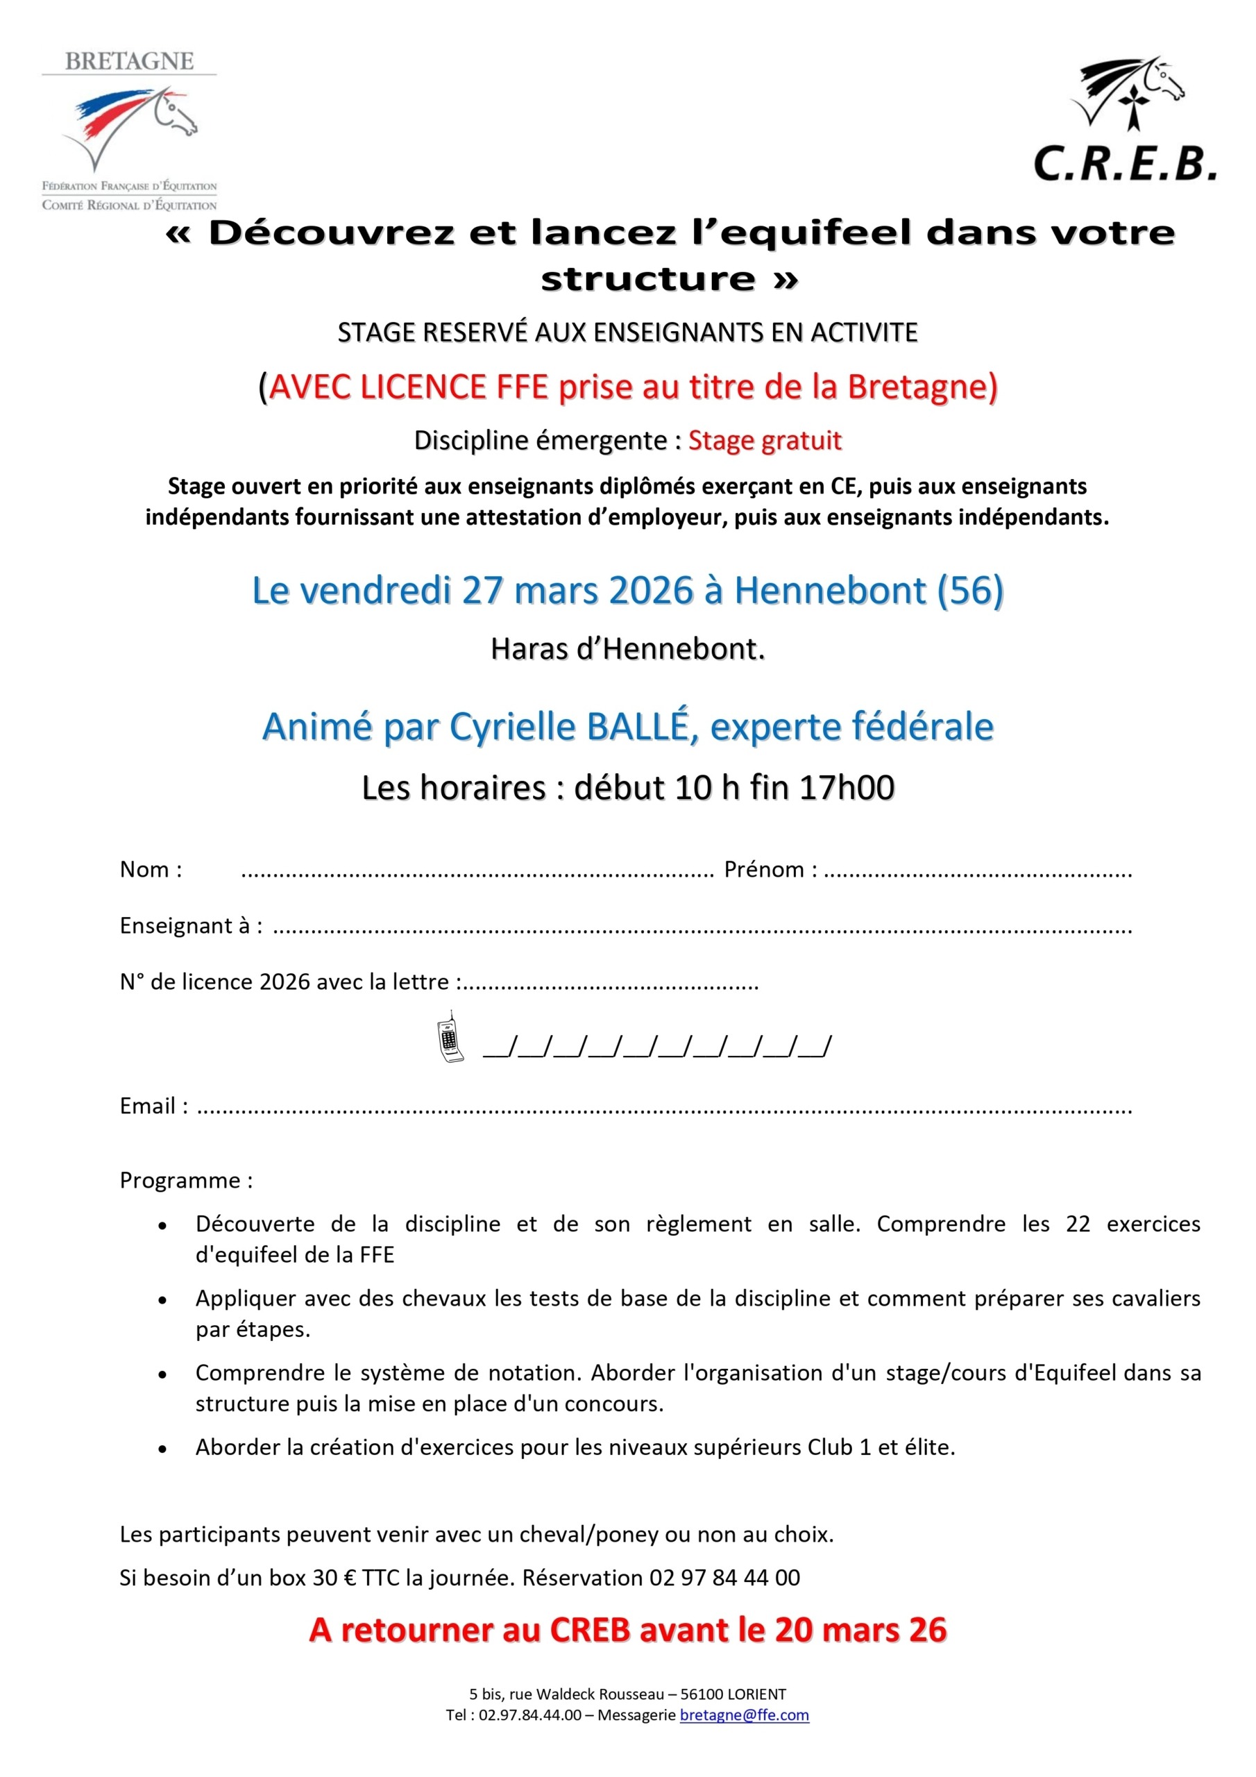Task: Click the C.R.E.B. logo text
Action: point(1124,163)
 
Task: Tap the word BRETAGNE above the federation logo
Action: point(129,62)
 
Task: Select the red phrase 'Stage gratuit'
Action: point(765,440)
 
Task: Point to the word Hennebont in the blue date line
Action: point(830,591)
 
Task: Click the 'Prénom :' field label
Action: point(770,870)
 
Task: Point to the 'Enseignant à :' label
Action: point(190,926)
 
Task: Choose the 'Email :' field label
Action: point(153,1106)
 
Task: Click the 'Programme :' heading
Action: point(186,1180)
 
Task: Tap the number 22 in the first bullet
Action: point(1078,1224)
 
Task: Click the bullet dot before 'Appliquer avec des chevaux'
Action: point(162,1300)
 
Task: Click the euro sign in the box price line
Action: point(349,1578)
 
